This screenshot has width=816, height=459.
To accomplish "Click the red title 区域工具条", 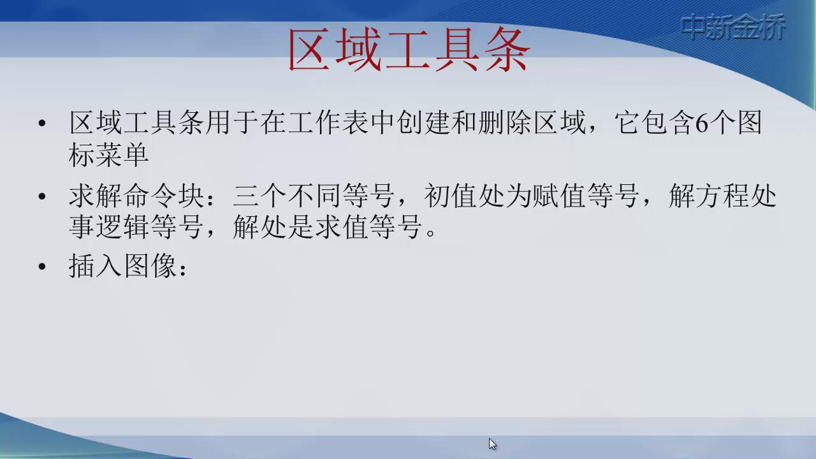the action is (x=409, y=49).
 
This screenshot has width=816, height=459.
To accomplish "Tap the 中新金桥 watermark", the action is (x=733, y=27).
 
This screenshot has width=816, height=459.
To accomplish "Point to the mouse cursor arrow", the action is (x=493, y=444).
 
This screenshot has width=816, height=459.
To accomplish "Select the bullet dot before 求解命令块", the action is (x=42, y=197).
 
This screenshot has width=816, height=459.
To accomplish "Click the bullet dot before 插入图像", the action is (x=42, y=266).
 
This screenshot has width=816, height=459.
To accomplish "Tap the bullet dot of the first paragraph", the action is (x=42, y=123).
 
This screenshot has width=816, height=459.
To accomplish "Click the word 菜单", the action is (x=122, y=154).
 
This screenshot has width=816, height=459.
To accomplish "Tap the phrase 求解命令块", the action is (x=136, y=196).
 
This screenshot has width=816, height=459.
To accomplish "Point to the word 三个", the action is (x=259, y=196).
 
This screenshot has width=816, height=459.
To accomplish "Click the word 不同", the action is (x=314, y=196).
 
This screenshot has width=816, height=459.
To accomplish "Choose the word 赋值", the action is (x=559, y=196).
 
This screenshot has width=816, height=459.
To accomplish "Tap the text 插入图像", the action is (x=123, y=266).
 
